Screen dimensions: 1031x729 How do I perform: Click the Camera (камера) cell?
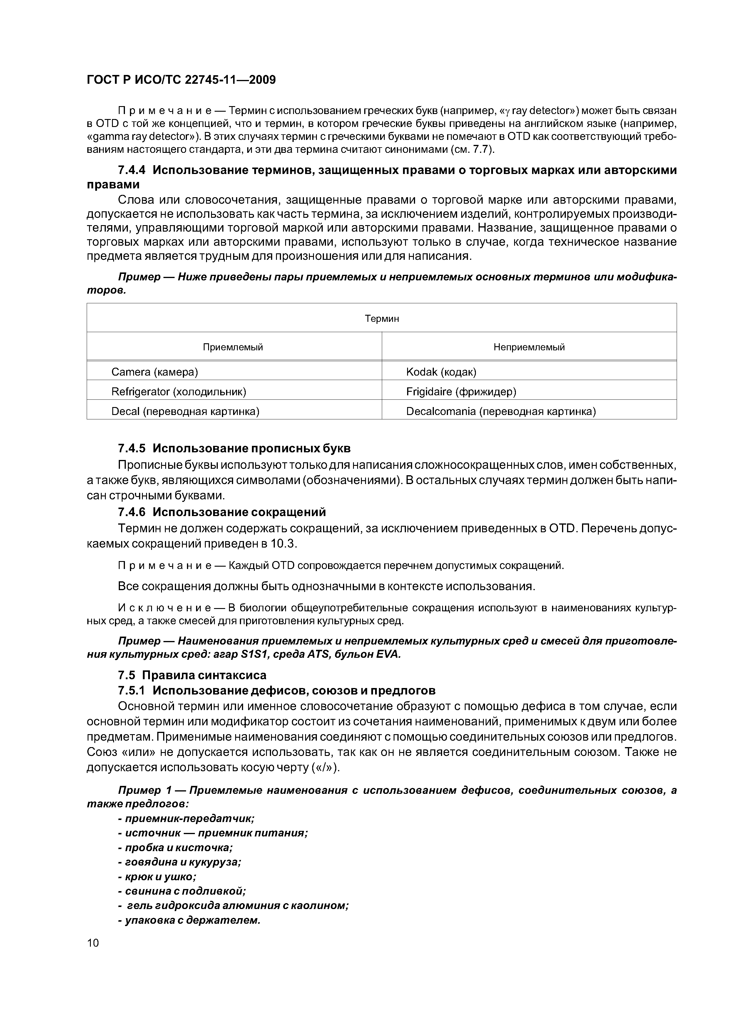pos(155,372)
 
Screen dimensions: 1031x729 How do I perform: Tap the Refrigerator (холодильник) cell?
pos(179,391)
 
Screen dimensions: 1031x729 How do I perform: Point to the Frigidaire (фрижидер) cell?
pos(461,391)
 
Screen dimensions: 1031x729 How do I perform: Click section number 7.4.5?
pos(132,448)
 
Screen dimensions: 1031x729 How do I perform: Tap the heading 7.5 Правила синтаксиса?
pos(192,675)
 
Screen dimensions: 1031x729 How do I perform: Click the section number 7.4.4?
pos(132,170)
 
